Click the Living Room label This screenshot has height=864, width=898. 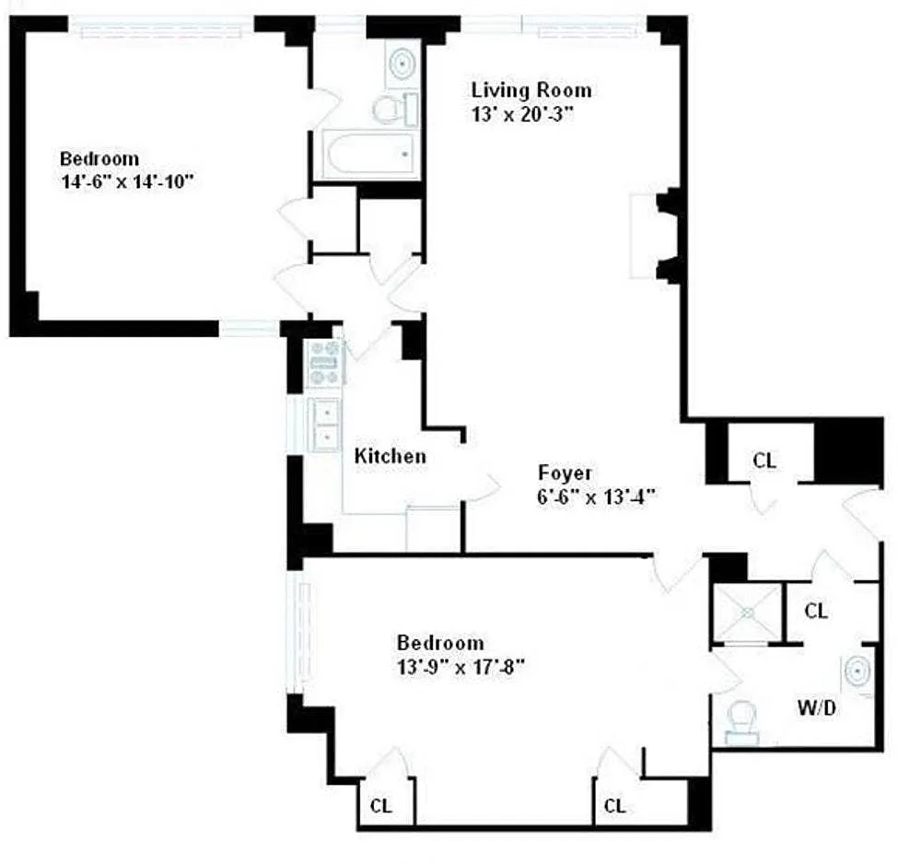pos(531,90)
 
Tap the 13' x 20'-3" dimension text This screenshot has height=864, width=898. pos(521,114)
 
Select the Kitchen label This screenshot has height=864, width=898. pos(390,456)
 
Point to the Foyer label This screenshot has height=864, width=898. pos(565,473)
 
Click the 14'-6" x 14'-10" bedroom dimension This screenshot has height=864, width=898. pos(127,182)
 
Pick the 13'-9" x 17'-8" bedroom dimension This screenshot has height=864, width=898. pos(461,667)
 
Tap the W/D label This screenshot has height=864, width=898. pos(817,708)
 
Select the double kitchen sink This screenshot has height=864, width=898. pos(325,425)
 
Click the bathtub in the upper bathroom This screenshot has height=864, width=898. pos(371,155)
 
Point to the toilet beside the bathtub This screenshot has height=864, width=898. pos(395,109)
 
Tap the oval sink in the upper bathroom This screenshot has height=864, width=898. pos(402,62)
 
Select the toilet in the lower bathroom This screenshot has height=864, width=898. pos(742,723)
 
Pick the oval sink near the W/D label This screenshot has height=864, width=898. pos(857,671)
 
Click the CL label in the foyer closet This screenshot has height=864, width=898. pos(764,460)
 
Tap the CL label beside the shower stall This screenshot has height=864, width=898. pos(816,611)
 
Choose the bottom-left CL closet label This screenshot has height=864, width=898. pos(381,806)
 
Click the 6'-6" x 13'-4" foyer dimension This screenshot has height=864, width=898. pos(596,496)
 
